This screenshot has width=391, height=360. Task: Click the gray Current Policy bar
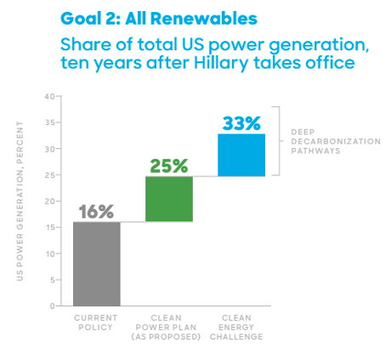coord(96,263)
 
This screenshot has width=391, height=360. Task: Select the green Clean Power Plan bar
coord(169,199)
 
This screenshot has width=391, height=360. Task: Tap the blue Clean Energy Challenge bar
coord(241,155)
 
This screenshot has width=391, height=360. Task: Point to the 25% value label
coord(169,165)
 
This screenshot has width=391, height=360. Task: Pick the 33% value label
coord(241,123)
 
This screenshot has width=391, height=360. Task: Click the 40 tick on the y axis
coord(49,96)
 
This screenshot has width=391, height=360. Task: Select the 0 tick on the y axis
coord(52,306)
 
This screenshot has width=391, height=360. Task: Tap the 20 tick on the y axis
coord(49,201)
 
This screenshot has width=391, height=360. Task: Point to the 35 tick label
coord(49,123)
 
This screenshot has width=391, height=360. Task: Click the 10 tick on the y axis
coord(49,254)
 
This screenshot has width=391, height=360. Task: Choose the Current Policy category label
coord(96,323)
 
